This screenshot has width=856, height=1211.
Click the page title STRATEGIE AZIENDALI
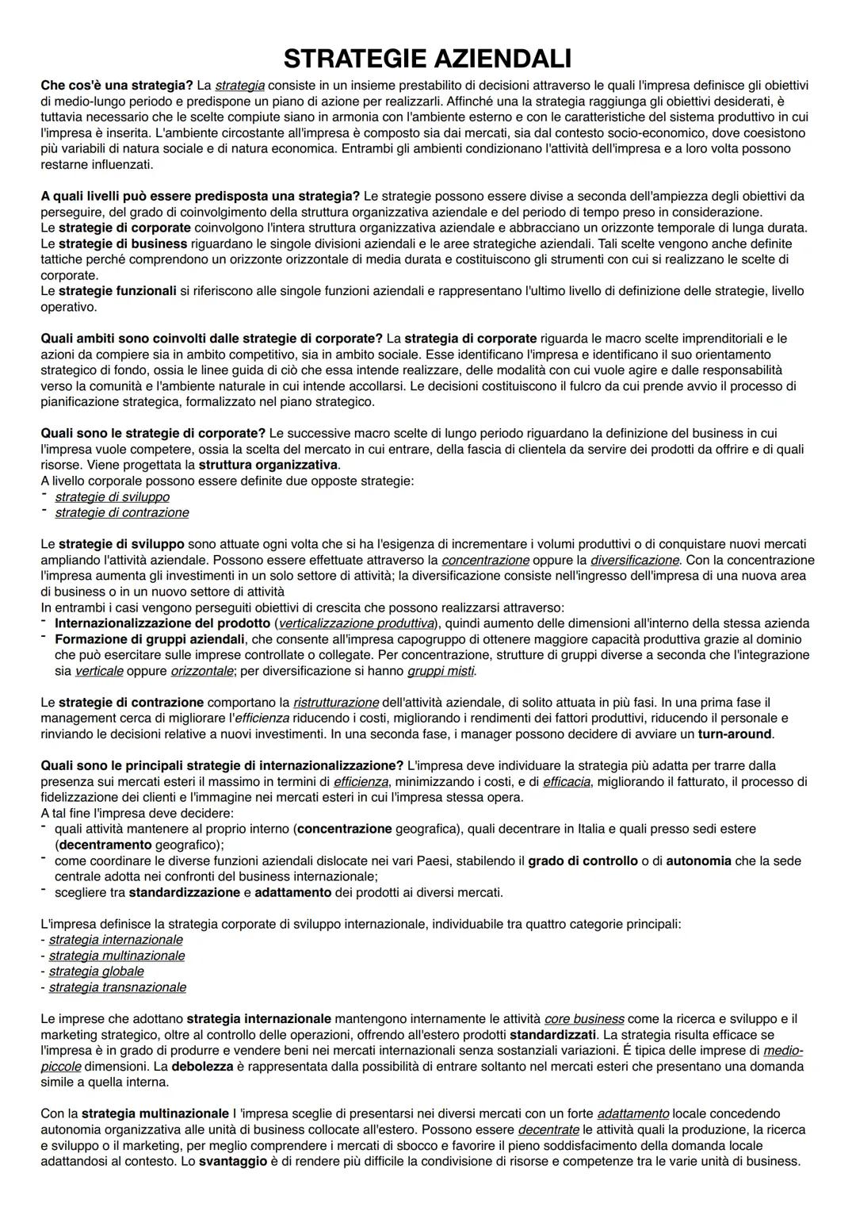427,59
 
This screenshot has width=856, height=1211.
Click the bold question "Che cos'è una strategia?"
117,85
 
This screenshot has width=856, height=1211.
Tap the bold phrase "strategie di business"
123,243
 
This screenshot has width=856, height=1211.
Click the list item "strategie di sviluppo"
112,497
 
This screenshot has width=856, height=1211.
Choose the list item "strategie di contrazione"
121,513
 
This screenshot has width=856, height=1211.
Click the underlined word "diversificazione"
636,560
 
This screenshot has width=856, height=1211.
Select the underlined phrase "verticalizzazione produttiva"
357,623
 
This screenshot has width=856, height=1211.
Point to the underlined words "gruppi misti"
441,671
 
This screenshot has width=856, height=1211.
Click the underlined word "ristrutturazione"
335,703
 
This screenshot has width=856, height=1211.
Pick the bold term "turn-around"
735,734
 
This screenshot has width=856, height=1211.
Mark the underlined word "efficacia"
566,782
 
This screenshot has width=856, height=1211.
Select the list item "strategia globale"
96,971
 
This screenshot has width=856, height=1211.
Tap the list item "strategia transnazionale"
117,987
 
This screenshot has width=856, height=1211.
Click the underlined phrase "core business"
584,1019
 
